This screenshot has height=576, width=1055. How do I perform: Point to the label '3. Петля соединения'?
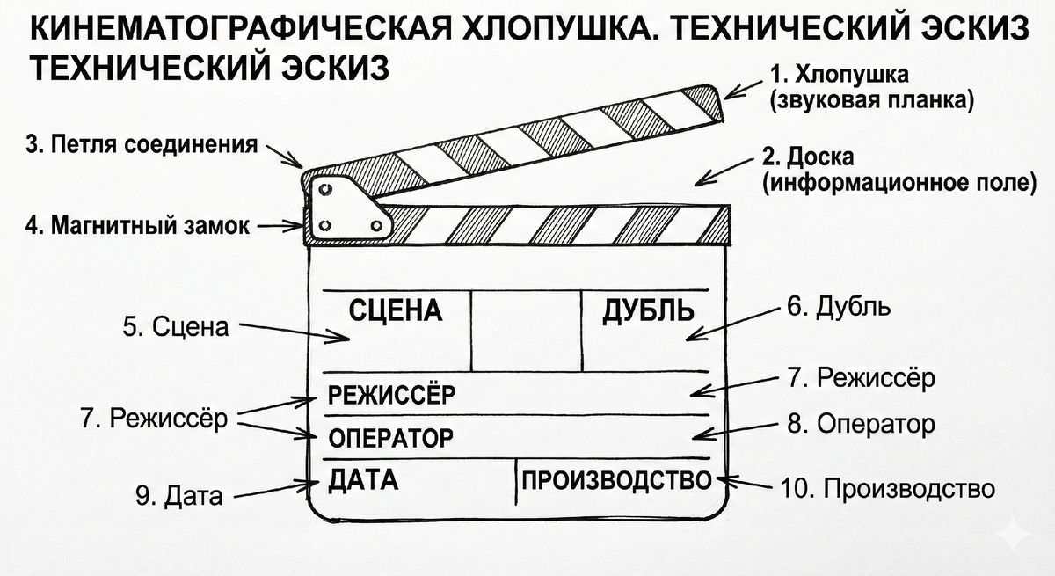point(142,145)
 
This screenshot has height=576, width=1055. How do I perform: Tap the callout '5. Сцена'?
point(175,327)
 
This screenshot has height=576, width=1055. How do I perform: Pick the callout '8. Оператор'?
point(860,425)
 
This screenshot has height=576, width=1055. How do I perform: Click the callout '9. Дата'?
point(178,496)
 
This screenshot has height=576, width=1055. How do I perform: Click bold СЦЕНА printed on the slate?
point(395,310)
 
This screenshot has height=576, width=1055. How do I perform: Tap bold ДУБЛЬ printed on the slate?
point(647,310)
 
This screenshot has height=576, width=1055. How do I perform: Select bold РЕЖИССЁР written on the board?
point(391,395)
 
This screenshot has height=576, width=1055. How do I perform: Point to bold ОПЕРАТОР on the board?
point(390,437)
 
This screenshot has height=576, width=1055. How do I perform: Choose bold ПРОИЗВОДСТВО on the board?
point(615,480)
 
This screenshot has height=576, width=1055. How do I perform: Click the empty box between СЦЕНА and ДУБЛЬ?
point(525,330)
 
